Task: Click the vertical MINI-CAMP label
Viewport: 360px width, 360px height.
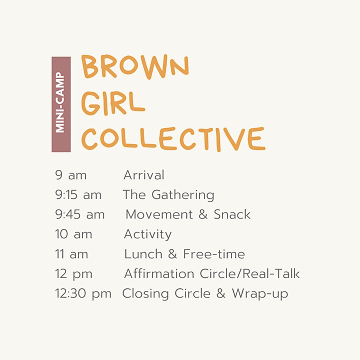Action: (60, 102)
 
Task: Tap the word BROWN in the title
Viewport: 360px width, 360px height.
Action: (135, 66)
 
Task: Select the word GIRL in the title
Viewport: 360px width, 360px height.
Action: (113, 103)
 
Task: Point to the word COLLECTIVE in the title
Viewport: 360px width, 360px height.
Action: (173, 139)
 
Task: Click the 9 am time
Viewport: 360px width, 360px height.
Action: (70, 175)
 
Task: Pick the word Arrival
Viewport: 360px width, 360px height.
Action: (144, 175)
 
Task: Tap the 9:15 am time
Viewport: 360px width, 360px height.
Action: (78, 195)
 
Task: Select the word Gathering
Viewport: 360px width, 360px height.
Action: (183, 195)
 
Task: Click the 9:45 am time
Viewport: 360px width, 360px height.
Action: (79, 214)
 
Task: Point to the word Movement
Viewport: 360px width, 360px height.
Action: (159, 214)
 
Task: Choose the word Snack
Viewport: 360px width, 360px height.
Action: (232, 214)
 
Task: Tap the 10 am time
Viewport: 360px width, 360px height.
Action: (73, 234)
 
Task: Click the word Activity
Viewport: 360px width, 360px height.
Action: (148, 234)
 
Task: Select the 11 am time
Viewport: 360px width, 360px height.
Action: (71, 254)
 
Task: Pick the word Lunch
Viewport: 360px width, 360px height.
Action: (143, 254)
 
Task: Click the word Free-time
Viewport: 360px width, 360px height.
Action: (214, 254)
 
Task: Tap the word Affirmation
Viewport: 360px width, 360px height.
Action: (159, 273)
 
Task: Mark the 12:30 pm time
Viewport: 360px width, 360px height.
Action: (83, 294)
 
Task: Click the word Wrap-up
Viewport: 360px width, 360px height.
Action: (260, 294)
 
